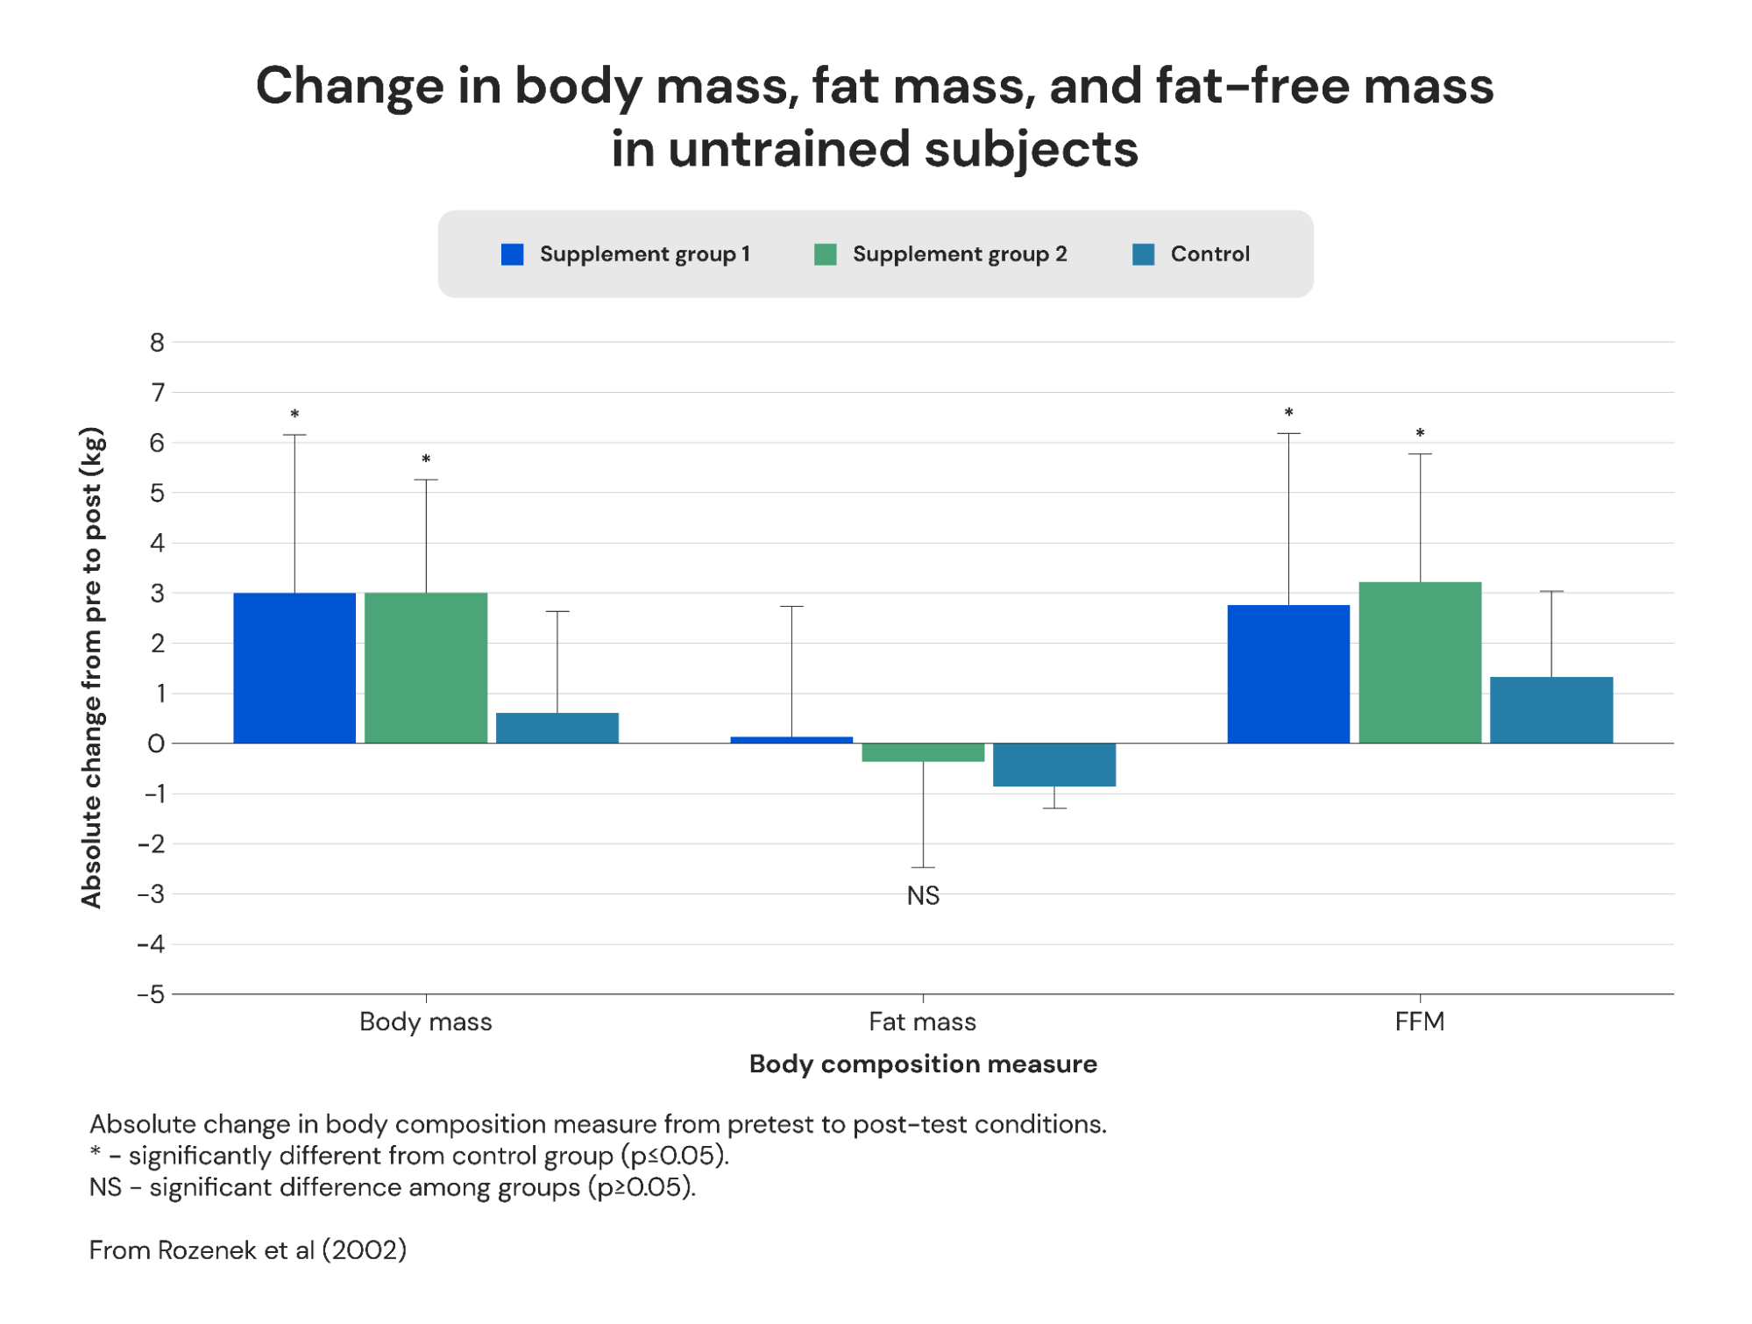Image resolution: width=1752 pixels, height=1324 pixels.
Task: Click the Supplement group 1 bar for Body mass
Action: click(x=294, y=668)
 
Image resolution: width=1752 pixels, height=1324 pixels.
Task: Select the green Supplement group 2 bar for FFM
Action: click(x=1420, y=663)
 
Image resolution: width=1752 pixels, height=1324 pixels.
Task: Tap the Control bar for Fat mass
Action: click(x=1054, y=765)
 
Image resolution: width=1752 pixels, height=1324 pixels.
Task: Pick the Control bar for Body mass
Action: click(x=557, y=728)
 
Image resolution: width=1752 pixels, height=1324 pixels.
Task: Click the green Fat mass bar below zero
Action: click(x=923, y=752)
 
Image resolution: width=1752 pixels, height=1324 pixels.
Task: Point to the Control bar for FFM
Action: click(x=1551, y=710)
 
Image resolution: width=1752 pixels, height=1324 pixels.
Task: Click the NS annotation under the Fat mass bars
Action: click(x=923, y=895)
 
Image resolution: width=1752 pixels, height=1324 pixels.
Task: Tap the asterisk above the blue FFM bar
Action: click(x=1288, y=413)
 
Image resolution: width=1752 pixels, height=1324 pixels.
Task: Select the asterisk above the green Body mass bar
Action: click(x=426, y=459)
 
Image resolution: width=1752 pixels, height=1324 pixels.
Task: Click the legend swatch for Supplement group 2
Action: click(x=825, y=254)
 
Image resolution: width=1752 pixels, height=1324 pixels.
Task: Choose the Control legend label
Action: click(x=1209, y=254)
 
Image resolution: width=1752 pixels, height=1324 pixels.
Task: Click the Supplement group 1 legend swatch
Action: click(x=512, y=254)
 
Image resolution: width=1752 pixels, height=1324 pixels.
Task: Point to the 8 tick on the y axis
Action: click(x=157, y=343)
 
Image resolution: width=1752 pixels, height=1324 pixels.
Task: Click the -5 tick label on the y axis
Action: click(x=151, y=994)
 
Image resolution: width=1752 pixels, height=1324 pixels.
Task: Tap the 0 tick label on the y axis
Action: click(x=156, y=744)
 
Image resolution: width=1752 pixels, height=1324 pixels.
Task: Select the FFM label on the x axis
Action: click(x=1419, y=1021)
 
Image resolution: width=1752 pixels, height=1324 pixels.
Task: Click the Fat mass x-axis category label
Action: click(x=922, y=1021)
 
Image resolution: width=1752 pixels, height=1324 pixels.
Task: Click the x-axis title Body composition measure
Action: click(x=923, y=1064)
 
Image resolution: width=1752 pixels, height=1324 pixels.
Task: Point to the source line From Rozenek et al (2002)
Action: click(x=248, y=1249)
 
